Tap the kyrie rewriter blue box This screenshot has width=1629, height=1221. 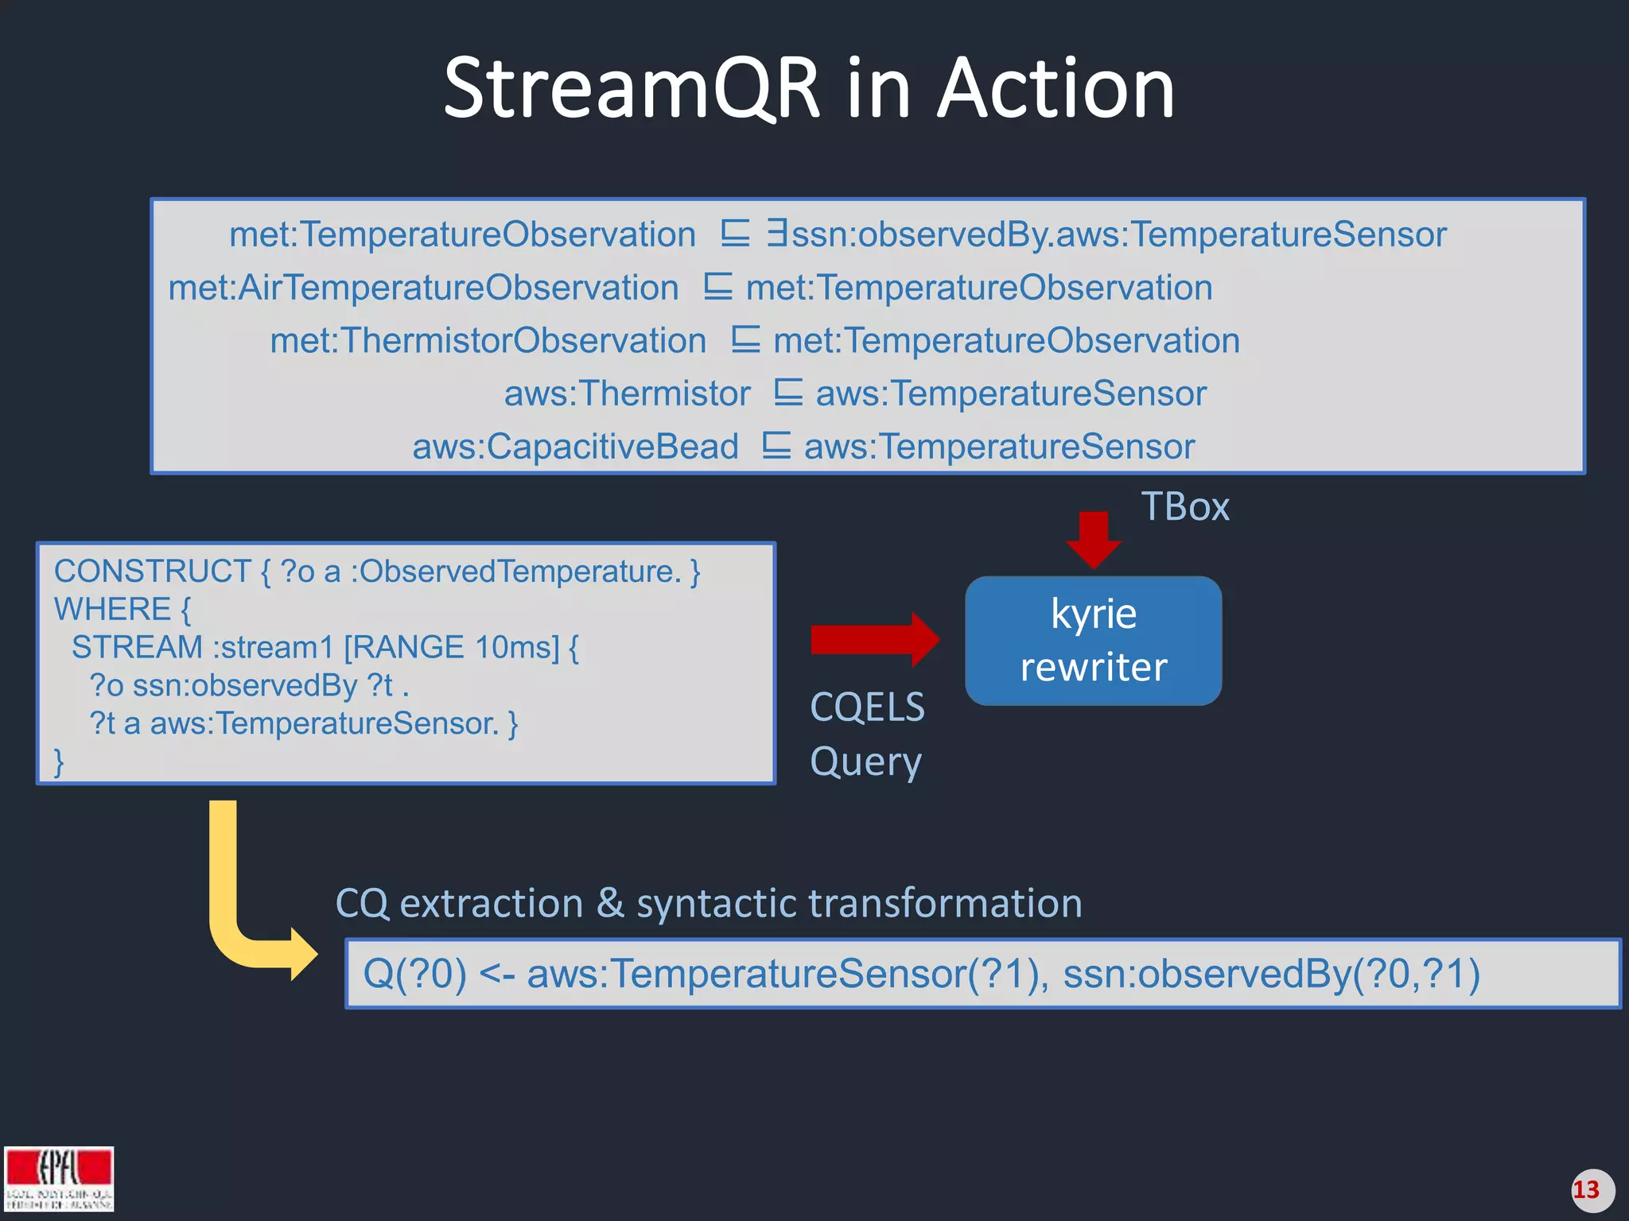point(1093,641)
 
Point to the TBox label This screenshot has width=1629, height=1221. point(1184,507)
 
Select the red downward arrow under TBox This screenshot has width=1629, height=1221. point(1094,539)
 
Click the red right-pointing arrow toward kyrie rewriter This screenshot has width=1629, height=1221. point(873,639)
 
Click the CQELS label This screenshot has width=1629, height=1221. point(867,707)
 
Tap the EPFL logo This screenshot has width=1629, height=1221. point(59,1178)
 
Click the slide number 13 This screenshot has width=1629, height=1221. point(1587,1190)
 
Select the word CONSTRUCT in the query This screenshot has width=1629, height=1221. point(153,572)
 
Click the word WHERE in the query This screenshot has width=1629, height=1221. point(112,610)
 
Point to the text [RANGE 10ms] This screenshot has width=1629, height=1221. point(451,647)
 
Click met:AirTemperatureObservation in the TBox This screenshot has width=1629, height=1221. point(423,288)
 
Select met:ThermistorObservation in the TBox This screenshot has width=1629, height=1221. point(488,341)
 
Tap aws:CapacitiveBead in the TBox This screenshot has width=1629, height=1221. point(575,447)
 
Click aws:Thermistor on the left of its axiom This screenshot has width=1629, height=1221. point(627,393)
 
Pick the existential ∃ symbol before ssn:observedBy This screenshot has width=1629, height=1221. point(776,234)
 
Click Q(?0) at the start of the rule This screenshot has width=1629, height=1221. point(414,974)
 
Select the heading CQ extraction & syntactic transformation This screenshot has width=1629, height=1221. point(708,904)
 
